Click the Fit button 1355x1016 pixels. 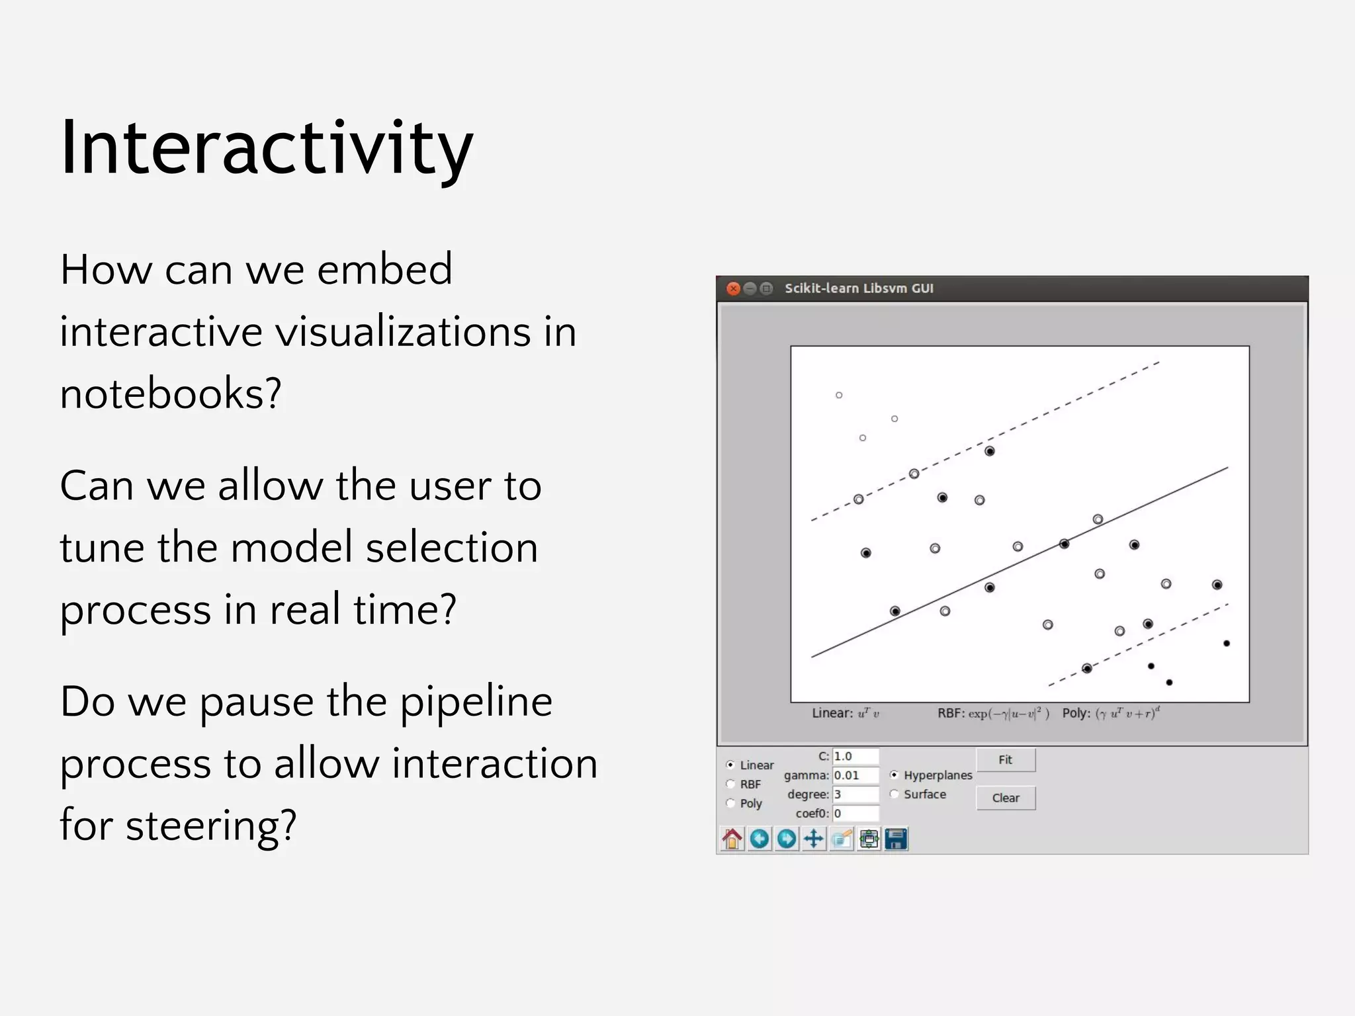1005,759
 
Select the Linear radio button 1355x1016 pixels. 730,765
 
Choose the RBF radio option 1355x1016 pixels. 730,784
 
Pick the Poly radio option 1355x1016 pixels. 730,803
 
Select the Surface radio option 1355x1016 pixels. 895,794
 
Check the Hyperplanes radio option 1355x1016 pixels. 895,775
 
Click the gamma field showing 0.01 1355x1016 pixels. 855,775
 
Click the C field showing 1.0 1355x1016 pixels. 855,756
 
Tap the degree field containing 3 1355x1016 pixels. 855,794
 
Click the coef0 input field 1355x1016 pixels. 855,814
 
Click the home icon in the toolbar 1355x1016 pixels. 732,839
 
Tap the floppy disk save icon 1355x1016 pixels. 896,839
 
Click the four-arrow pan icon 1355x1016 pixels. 814,839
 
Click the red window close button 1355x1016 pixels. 733,288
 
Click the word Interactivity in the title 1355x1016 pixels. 266,148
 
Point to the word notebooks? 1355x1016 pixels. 171,393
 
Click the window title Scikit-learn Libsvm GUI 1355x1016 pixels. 859,288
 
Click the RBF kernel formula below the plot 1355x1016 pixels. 992,713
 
